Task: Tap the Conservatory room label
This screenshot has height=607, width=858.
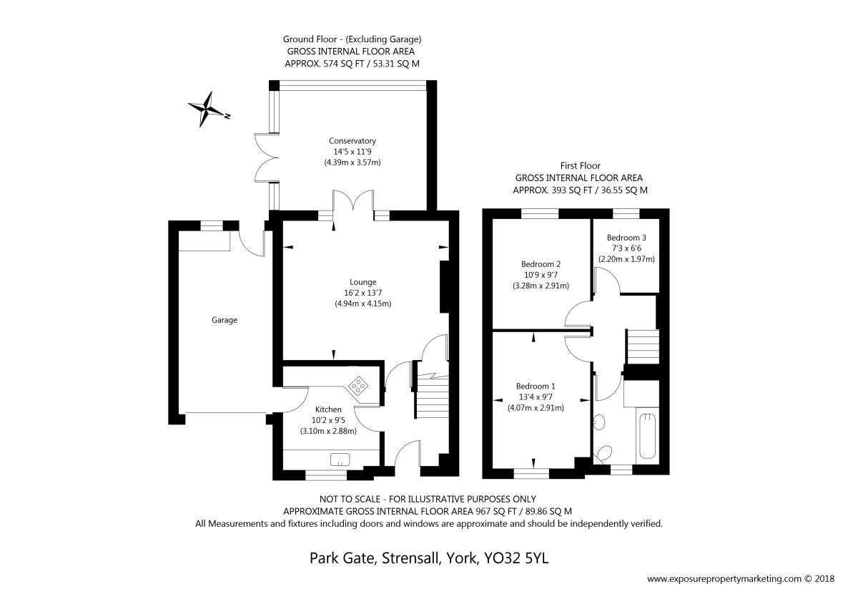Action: tap(352, 141)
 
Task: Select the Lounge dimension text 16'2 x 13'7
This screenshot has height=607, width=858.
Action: tap(363, 293)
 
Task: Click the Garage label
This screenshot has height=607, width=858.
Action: tap(225, 320)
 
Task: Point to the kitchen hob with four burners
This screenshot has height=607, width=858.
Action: tap(358, 385)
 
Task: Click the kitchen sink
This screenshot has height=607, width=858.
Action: tap(340, 459)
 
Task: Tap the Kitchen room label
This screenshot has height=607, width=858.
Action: tap(328, 409)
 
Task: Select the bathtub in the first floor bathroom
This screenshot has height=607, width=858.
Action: tap(647, 436)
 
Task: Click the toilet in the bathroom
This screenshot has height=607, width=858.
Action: tap(604, 453)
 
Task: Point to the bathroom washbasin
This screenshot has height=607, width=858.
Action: tap(599, 422)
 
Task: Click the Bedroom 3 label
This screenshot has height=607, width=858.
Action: tap(626, 238)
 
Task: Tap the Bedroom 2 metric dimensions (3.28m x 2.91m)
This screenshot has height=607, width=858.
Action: tap(541, 286)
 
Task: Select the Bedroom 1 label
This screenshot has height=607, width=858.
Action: tap(536, 386)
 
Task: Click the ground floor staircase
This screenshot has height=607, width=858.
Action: tap(432, 396)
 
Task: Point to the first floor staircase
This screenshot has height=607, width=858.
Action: tap(642, 346)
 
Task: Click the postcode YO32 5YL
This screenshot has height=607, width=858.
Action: tap(516, 558)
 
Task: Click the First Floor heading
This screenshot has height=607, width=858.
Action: tap(581, 165)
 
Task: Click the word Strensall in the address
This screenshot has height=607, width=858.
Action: tap(410, 558)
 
